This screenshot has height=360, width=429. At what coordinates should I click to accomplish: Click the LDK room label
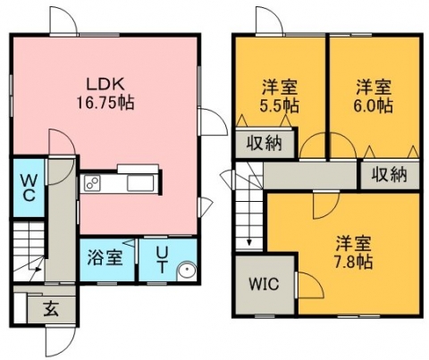click(105, 84)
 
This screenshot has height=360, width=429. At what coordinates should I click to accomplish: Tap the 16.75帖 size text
click(105, 103)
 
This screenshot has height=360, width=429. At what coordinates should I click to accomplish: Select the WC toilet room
click(29, 188)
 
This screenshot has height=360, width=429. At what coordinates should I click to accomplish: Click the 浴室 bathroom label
click(105, 258)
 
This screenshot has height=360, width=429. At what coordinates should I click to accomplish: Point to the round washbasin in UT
click(187, 271)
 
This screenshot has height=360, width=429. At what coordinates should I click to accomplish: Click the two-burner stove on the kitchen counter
click(92, 183)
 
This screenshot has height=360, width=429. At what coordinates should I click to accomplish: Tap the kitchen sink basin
click(140, 183)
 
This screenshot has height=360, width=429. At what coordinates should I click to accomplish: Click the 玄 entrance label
click(51, 309)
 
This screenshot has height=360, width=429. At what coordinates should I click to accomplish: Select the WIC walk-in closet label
click(264, 284)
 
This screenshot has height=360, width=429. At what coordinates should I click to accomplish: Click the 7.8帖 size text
click(354, 262)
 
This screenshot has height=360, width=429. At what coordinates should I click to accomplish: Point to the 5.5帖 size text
click(280, 105)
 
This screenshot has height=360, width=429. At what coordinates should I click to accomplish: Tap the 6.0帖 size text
click(373, 105)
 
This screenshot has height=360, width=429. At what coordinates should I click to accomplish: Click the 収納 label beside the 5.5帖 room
click(264, 144)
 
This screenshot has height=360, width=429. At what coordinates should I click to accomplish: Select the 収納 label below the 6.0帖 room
click(389, 174)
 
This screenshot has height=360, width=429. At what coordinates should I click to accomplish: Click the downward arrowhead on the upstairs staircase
click(249, 242)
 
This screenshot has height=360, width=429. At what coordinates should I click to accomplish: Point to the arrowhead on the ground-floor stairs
click(38, 270)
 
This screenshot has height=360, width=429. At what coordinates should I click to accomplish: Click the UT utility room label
click(162, 261)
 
